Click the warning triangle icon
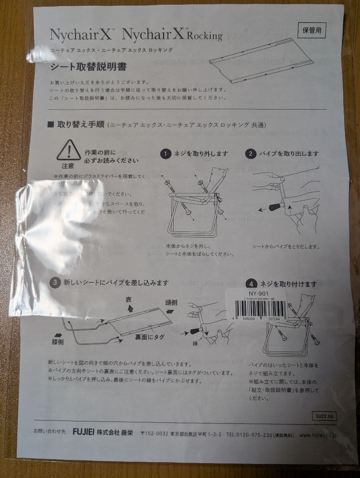point(69,150)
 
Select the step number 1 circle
point(166,154)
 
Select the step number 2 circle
point(251,154)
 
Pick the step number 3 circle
point(54,282)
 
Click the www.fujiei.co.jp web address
point(318,436)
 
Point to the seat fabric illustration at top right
point(261,60)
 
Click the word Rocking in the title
point(205,36)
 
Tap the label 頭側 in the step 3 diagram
point(171,302)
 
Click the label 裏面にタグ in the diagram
point(150,337)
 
